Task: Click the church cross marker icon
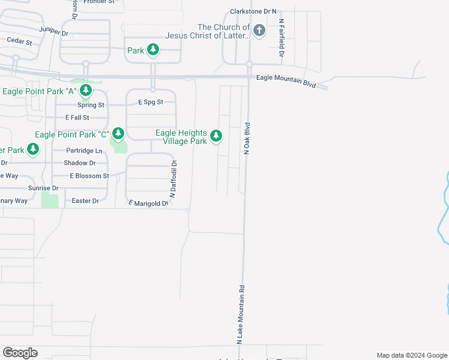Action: (x=259, y=31)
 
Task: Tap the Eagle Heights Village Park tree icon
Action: (x=216, y=137)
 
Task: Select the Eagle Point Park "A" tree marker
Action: (x=86, y=91)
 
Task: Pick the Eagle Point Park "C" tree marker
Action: (x=118, y=134)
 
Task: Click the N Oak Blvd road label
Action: (x=246, y=139)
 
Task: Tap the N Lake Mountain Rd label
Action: (x=241, y=314)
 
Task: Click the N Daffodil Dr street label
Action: (x=173, y=178)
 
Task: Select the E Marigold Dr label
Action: (x=147, y=203)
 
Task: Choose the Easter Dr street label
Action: (x=85, y=201)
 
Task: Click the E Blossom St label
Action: (x=89, y=176)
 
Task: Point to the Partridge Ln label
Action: (x=84, y=151)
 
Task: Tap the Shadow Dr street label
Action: (x=80, y=163)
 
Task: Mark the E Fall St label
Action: (x=77, y=118)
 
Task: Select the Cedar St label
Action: (x=19, y=41)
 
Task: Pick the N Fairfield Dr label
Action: (x=281, y=37)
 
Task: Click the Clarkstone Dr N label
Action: (x=254, y=11)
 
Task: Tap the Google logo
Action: (x=20, y=353)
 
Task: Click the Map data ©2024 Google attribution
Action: (x=411, y=355)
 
